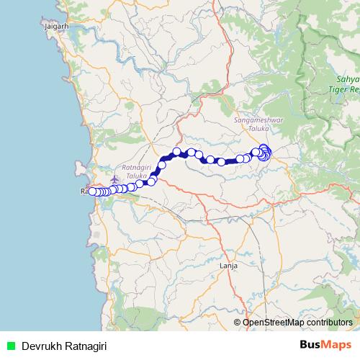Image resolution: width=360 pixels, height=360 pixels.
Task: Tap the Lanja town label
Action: [x=228, y=266]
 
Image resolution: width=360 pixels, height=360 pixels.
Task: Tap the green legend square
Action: [x=10, y=346]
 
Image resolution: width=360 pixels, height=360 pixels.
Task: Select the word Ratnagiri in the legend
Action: [x=84, y=346]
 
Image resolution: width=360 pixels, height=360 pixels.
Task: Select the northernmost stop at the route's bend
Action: [x=176, y=132]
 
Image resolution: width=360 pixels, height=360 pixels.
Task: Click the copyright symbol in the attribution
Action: [x=238, y=323]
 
